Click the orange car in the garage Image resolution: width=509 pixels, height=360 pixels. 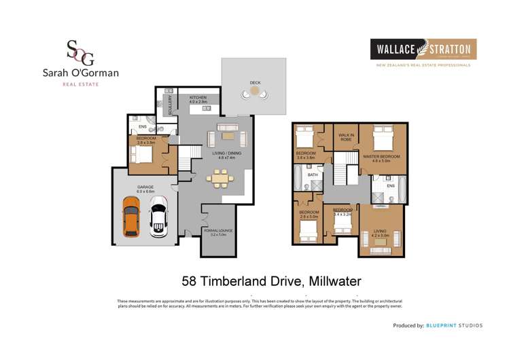(132, 215)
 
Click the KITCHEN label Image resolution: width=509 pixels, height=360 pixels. (198, 98)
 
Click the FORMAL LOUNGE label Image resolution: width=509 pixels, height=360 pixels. (217, 231)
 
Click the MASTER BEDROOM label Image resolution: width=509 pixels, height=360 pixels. (381, 157)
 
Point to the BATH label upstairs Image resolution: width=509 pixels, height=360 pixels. (313, 175)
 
